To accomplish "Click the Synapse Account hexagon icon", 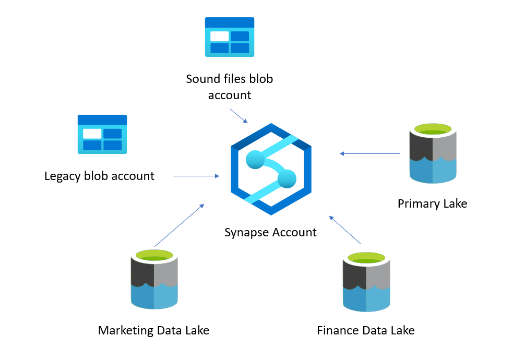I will (271, 169).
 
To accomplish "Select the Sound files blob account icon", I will (230, 37).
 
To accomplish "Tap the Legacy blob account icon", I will (102, 134).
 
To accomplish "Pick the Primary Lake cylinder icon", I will (433, 153).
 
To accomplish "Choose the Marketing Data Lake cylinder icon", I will (154, 280).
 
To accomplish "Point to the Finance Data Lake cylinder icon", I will (366, 282).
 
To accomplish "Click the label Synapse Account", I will (270, 232).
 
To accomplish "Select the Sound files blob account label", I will (230, 87).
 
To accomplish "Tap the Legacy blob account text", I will (99, 176).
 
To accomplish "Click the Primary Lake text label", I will (432, 203).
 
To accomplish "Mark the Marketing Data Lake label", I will (153, 330).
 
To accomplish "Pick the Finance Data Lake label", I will (366, 330).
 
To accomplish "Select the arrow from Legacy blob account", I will (196, 176).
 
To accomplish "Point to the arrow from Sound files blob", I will (238, 116).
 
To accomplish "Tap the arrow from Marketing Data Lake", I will (179, 225).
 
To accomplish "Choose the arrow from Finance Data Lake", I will (345, 229).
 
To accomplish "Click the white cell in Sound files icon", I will (219, 37).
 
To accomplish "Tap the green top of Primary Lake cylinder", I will (433, 129).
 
